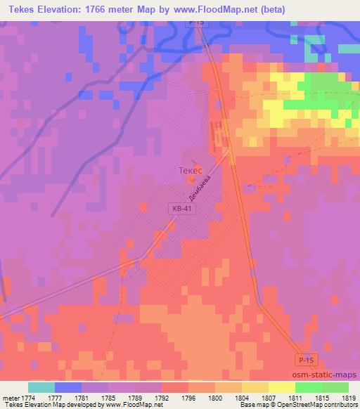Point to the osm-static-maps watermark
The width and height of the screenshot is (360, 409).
tap(325, 376)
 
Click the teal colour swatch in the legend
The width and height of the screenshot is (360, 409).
tap(41, 387)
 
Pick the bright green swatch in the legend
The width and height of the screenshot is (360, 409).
tap(310, 387)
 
